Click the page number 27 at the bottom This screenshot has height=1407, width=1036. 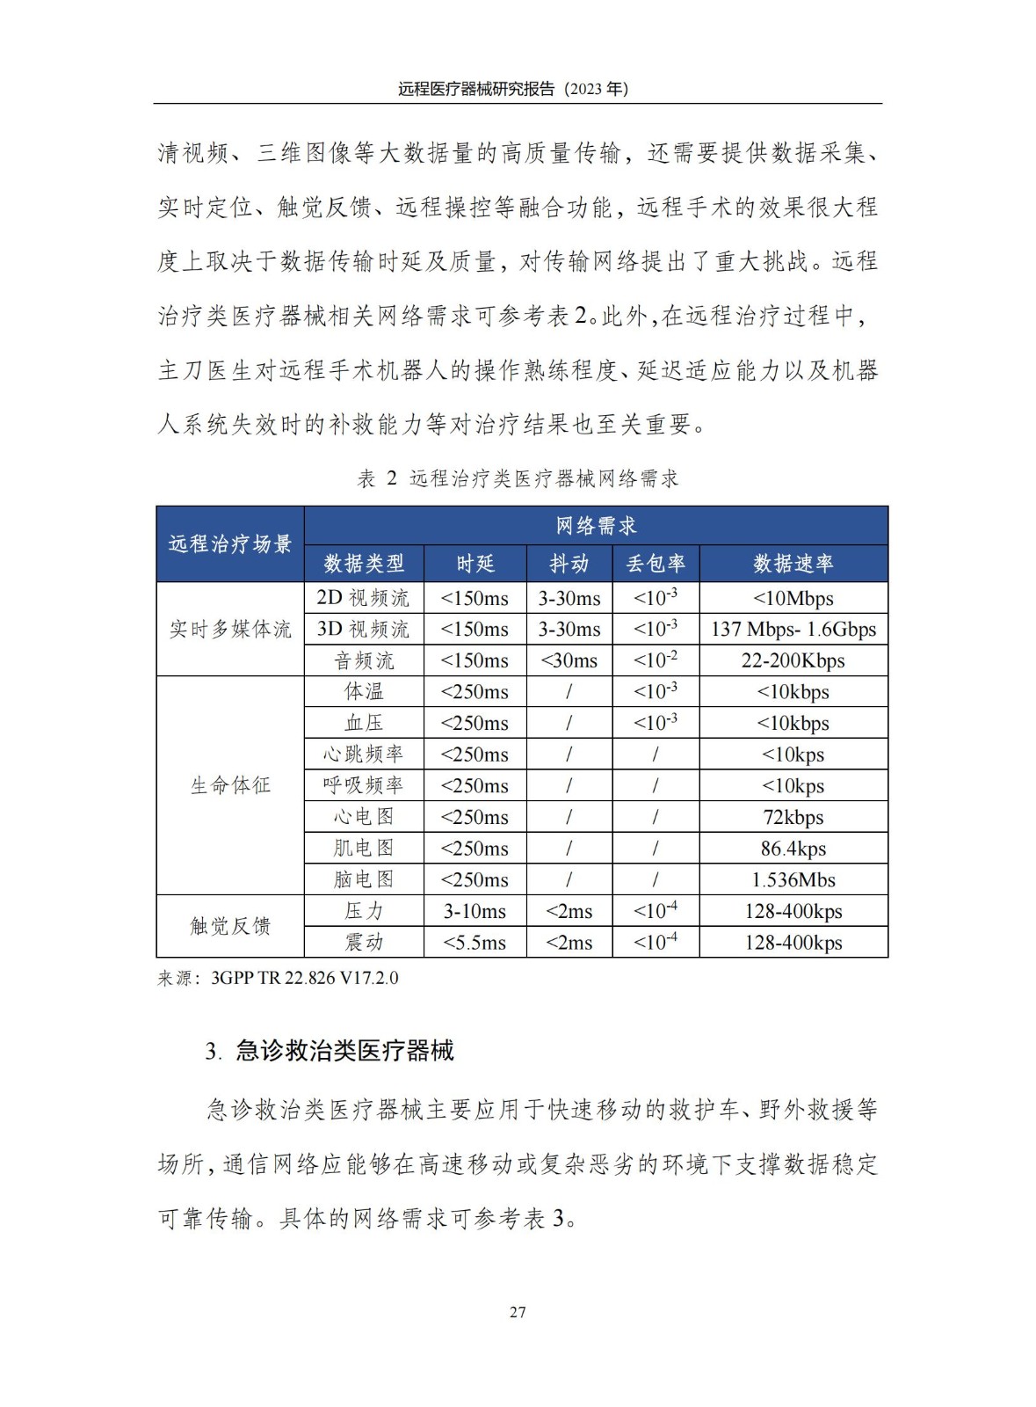[518, 1312]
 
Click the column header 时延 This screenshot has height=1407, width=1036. [475, 564]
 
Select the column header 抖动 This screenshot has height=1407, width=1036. [569, 564]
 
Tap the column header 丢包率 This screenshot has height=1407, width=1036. [655, 564]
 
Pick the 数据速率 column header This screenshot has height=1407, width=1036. [793, 564]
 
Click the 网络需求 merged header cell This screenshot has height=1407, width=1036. [596, 526]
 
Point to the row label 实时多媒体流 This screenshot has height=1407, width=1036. [230, 629]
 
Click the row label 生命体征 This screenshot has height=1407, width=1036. [230, 785]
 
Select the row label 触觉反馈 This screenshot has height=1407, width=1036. [230, 926]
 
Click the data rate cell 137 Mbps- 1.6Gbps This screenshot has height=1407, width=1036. [793, 630]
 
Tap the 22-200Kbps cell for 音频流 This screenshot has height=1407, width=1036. [793, 660]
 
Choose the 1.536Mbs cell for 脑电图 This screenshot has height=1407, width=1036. [793, 879]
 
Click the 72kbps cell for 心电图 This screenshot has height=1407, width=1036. [793, 817]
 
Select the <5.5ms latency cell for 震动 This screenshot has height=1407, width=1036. [475, 943]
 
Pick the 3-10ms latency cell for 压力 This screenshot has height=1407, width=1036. [475, 911]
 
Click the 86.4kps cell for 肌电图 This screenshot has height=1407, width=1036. [793, 849]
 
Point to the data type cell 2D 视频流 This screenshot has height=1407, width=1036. [363, 598]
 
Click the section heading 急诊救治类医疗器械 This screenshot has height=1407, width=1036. [344, 1051]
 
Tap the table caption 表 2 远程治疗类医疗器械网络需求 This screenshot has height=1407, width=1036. [518, 478]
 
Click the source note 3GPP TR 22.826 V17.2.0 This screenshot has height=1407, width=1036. [304, 978]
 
